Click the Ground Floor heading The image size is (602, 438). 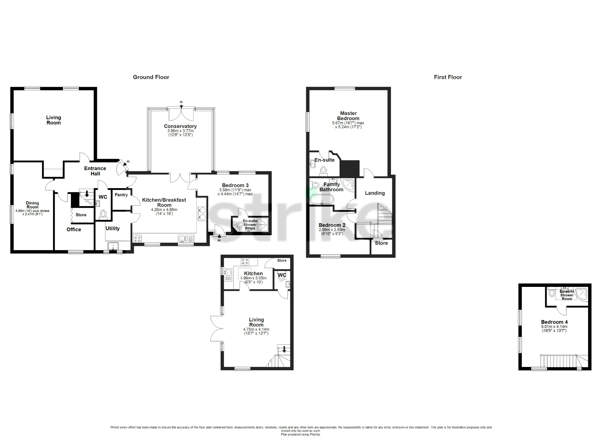click(x=151, y=77)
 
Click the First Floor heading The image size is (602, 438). click(x=448, y=77)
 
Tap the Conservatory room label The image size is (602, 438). click(x=180, y=126)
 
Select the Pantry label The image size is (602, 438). click(x=121, y=195)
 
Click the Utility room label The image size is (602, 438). click(x=113, y=228)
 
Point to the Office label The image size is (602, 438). click(x=74, y=229)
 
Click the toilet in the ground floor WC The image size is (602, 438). click(x=103, y=214)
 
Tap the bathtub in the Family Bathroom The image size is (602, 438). click(x=322, y=199)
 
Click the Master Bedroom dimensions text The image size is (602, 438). click(x=348, y=125)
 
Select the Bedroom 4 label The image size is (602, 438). click(x=554, y=322)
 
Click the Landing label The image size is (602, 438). click(x=375, y=193)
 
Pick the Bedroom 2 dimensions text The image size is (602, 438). click(x=332, y=231)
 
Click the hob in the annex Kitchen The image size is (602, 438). click(x=245, y=261)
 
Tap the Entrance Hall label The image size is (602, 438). click(x=95, y=171)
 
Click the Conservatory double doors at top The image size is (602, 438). click(x=181, y=114)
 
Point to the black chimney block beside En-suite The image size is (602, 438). click(x=350, y=168)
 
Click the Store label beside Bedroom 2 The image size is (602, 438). click(x=381, y=243)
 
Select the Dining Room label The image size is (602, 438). click(x=32, y=205)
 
